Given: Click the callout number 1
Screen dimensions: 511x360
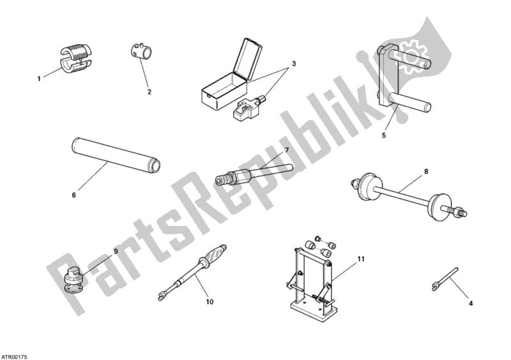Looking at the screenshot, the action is pyautogui.click(x=39, y=79).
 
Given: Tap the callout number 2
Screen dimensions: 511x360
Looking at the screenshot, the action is pyautogui.click(x=149, y=92).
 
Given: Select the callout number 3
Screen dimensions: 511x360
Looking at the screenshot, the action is pyautogui.click(x=294, y=64).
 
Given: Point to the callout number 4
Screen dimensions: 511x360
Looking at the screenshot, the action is pyautogui.click(x=470, y=303).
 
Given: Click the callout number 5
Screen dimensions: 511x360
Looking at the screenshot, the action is pyautogui.click(x=384, y=135).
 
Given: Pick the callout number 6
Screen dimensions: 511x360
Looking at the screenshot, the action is pyautogui.click(x=73, y=195).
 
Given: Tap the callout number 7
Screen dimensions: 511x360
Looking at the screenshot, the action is pyautogui.click(x=287, y=150).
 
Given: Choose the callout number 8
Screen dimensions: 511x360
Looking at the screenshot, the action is pyautogui.click(x=426, y=171).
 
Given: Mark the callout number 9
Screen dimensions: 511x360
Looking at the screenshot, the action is pyautogui.click(x=116, y=251).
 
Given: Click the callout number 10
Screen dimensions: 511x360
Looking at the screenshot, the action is pyautogui.click(x=210, y=302).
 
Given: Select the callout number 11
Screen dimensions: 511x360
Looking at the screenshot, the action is pyautogui.click(x=360, y=259).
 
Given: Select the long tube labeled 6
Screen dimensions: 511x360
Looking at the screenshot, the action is pyautogui.click(x=116, y=155).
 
